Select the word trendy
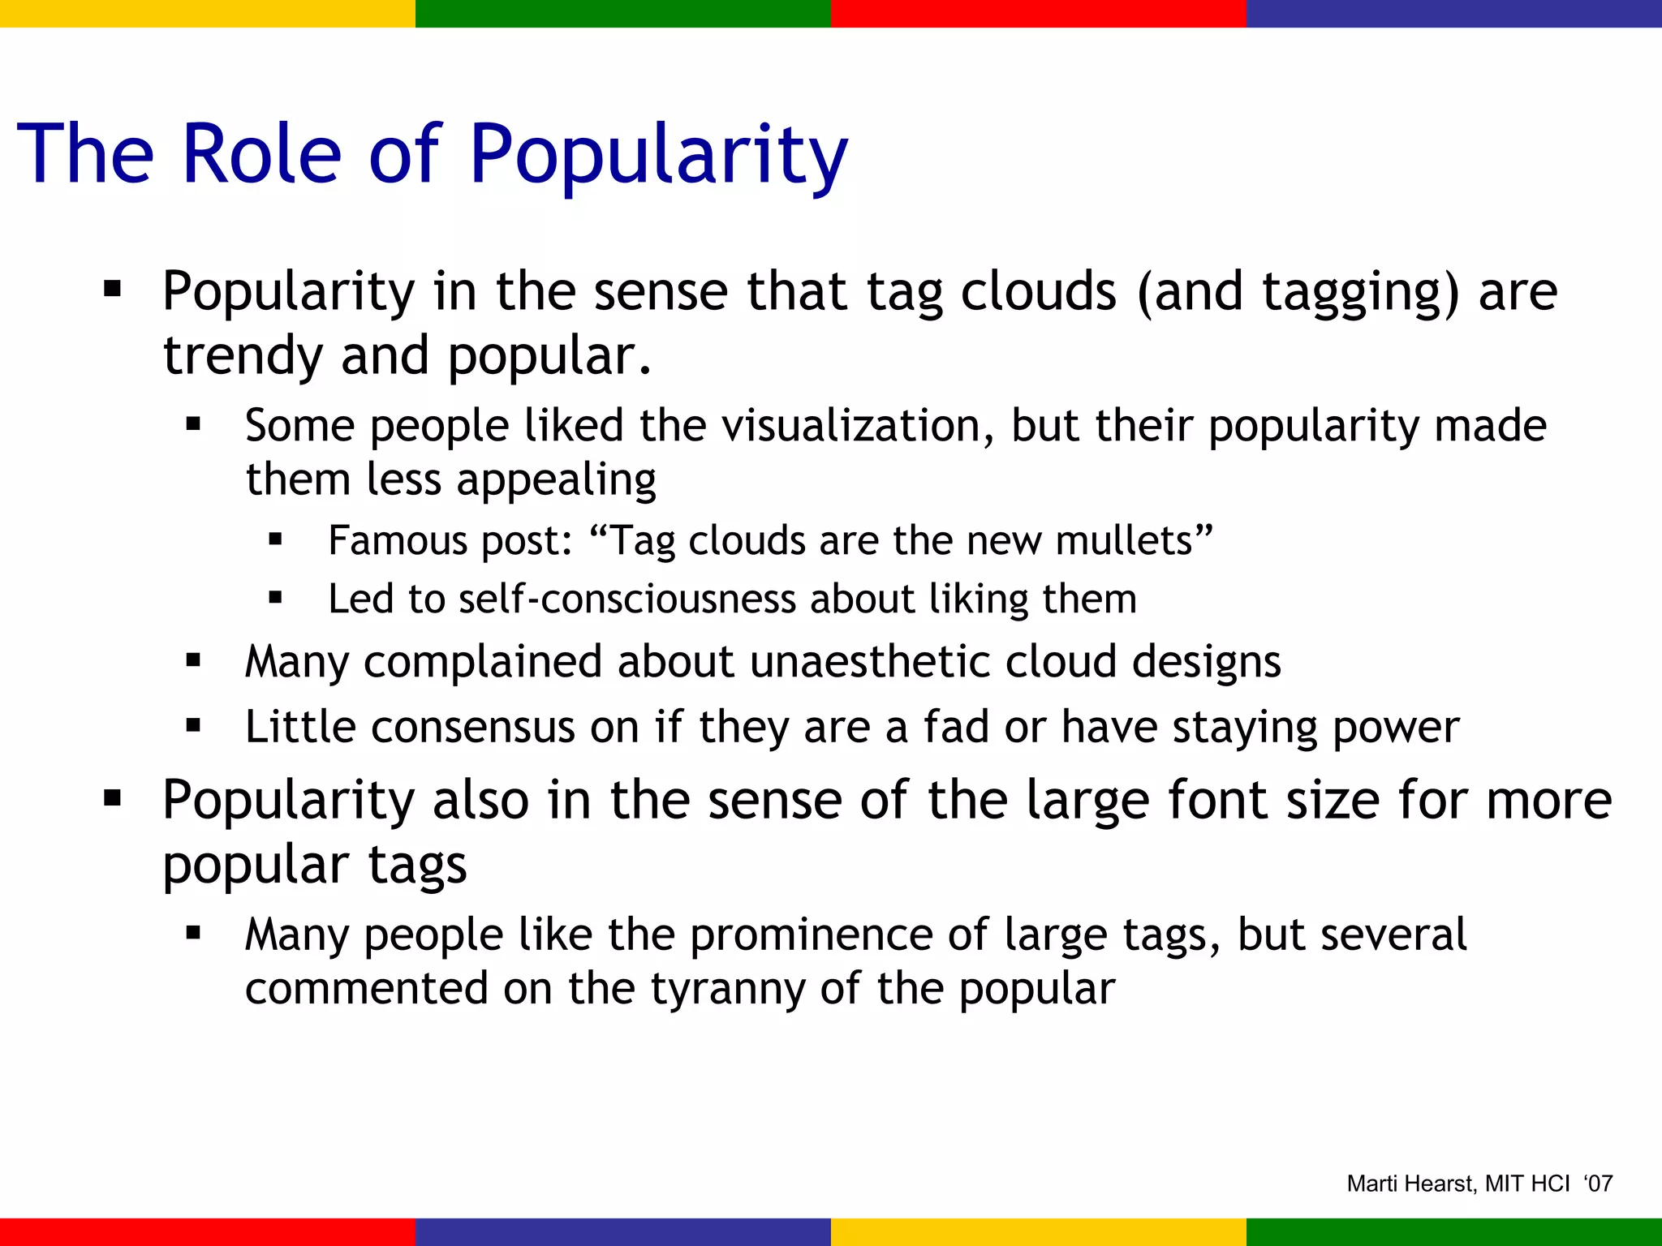point(242,357)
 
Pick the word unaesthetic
point(870,661)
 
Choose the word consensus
point(473,727)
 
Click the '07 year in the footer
point(1598,1184)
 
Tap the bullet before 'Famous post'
point(275,539)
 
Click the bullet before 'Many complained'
point(193,660)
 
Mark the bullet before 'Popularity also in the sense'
point(113,799)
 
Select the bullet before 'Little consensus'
point(193,725)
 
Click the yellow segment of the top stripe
point(208,13)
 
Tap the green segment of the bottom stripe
point(1454,1232)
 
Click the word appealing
point(556,480)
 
